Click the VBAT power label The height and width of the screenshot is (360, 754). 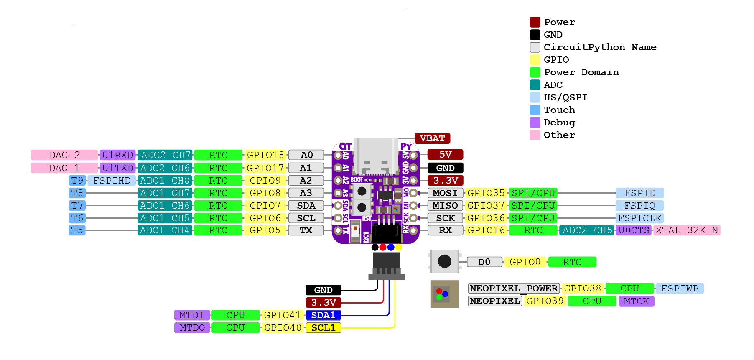click(432, 138)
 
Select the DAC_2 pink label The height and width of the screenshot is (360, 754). click(64, 155)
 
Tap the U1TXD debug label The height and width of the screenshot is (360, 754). click(118, 168)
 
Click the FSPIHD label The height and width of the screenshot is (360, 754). click(112, 181)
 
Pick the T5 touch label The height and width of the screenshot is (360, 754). click(77, 230)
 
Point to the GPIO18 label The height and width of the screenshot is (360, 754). click(265, 155)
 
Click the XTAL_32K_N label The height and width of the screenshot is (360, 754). click(687, 230)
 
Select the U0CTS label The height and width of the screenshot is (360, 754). click(634, 230)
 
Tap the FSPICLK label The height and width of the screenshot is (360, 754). click(639, 218)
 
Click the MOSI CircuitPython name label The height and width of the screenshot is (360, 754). click(445, 193)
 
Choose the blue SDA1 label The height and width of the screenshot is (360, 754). click(324, 315)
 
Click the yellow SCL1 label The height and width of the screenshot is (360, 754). click(324, 328)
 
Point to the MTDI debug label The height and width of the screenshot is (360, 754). click(192, 315)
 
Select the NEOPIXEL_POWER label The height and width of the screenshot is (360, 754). click(514, 289)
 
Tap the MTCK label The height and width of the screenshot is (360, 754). click(636, 301)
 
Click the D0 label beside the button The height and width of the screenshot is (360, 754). click(484, 262)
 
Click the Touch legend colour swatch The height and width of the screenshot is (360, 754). click(535, 110)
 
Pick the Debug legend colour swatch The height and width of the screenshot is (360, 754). click(535, 123)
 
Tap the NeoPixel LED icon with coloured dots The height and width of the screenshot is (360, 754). click(444, 294)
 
